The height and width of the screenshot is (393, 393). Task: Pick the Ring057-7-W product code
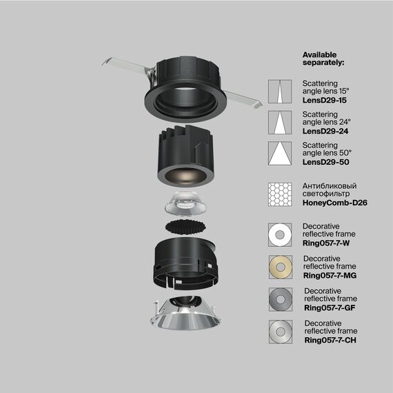pos(328,243)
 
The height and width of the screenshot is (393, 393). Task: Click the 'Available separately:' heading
pos(325,58)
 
